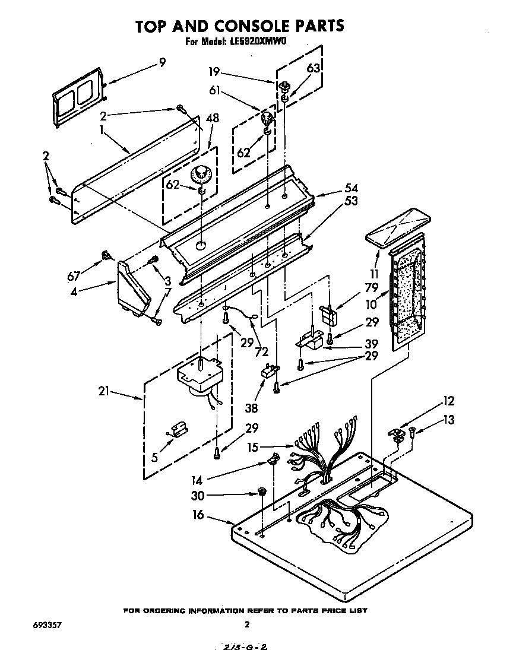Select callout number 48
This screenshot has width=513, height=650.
pyautogui.click(x=211, y=118)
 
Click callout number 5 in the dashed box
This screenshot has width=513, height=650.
pyautogui.click(x=154, y=457)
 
